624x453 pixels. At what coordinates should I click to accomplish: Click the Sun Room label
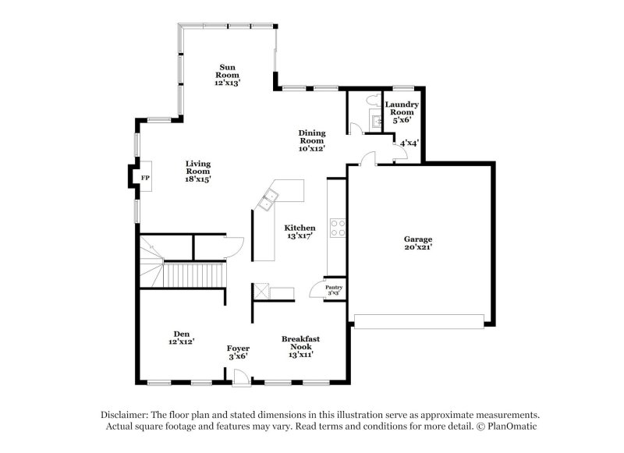tap(228, 74)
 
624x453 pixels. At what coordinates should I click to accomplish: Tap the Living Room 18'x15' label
tap(198, 171)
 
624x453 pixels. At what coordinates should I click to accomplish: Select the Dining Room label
tap(312, 140)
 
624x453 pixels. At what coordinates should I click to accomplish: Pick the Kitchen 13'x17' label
tap(299, 231)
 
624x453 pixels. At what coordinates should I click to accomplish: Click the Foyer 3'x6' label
tap(238, 352)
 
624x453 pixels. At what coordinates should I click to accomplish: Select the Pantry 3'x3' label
tap(334, 289)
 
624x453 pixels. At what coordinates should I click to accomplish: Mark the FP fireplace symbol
tap(144, 179)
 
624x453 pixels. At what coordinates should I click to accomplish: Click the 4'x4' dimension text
tap(409, 143)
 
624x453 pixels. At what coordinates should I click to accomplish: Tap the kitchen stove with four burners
tap(339, 227)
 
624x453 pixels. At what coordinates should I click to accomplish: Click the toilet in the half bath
tap(374, 101)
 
